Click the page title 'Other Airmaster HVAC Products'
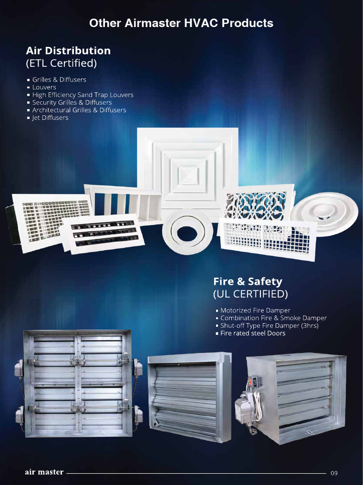pyautogui.click(x=181, y=23)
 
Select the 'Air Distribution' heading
pyautogui.click(x=68, y=51)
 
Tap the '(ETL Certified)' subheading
pyautogui.click(x=61, y=63)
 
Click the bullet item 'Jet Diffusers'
pyautogui.click(x=50, y=117)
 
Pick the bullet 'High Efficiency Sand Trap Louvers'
pyautogui.click(x=83, y=95)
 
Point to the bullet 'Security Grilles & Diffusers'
pyautogui.click(x=72, y=102)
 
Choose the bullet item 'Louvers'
pyautogui.click(x=44, y=87)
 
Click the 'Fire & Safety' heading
pyautogui.click(x=247, y=281)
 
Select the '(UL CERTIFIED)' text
pyautogui.click(x=250, y=294)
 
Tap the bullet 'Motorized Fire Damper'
pyautogui.click(x=255, y=310)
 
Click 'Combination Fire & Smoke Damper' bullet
pyautogui.click(x=273, y=318)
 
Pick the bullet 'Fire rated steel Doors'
pyautogui.click(x=253, y=333)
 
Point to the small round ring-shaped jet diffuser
pyautogui.click(x=187, y=232)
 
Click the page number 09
pyautogui.click(x=334, y=473)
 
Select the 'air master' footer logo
pyautogui.click(x=44, y=472)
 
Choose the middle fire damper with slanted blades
pyautogui.click(x=189, y=396)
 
